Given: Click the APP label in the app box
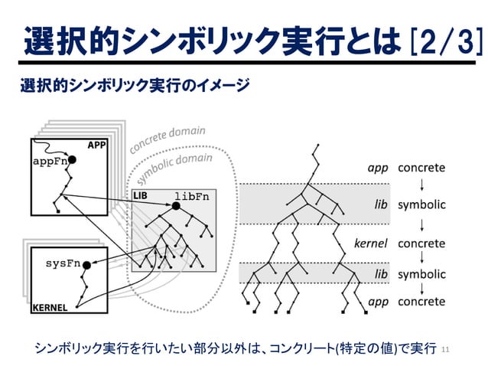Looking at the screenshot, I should pos(97,145).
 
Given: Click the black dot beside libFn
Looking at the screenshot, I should pos(177,205).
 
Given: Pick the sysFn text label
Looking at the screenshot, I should pos(63,263).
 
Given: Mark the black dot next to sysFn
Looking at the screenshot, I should pos(86,265).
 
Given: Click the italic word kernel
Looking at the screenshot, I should pos(371,243).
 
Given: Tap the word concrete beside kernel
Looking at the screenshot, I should pos(421,243).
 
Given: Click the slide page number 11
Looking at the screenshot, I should pos(447,348).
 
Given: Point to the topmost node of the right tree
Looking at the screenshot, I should pos(314,145).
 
